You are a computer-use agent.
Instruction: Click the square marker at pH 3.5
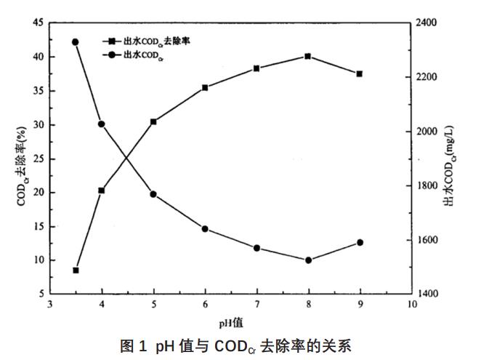pyautogui.click(x=76, y=271)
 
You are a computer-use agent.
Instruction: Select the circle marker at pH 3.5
pyautogui.click(x=76, y=42)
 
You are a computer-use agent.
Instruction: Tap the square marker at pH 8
pyautogui.click(x=308, y=56)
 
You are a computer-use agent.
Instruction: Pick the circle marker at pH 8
pyautogui.click(x=308, y=260)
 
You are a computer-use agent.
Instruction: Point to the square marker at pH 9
pyautogui.click(x=360, y=74)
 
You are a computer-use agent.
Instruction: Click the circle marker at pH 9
pyautogui.click(x=360, y=242)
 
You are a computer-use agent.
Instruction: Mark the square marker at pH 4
pyautogui.click(x=102, y=191)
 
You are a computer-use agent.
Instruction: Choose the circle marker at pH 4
pyautogui.click(x=102, y=124)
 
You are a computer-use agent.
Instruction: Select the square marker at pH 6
pyautogui.click(x=205, y=87)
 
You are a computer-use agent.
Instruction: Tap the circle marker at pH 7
pyautogui.click(x=256, y=248)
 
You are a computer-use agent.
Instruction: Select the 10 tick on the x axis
pyautogui.click(x=413, y=305)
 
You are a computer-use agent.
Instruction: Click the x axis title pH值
pyautogui.click(x=230, y=321)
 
